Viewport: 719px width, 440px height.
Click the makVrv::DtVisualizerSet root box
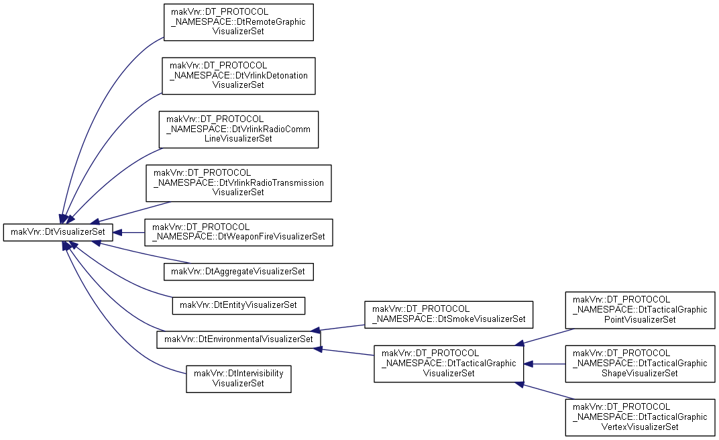click(x=58, y=232)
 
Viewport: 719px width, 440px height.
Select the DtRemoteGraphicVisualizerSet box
click(x=239, y=22)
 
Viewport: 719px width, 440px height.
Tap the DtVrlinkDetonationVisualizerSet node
click(x=239, y=76)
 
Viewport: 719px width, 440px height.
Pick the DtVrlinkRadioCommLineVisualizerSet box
click(x=239, y=129)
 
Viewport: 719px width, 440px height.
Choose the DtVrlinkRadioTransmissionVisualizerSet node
click(x=239, y=183)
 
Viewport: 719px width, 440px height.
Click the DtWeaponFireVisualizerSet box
click(x=239, y=232)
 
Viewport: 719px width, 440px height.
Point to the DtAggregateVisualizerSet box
click(x=239, y=272)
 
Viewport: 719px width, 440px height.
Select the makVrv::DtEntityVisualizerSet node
click(x=239, y=305)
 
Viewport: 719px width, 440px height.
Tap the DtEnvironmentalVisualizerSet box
click(x=239, y=339)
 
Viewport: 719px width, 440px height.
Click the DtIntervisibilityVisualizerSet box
click(x=239, y=378)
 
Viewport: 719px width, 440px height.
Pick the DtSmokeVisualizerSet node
click(x=449, y=315)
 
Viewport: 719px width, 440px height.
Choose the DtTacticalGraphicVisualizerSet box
click(x=449, y=364)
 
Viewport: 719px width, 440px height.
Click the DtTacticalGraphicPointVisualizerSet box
click(x=640, y=310)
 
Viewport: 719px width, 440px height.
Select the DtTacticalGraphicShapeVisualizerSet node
click(x=640, y=364)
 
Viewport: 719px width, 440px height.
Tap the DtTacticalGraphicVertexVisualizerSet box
click(x=640, y=417)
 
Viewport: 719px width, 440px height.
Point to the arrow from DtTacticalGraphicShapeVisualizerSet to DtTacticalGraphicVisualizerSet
click(x=545, y=364)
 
